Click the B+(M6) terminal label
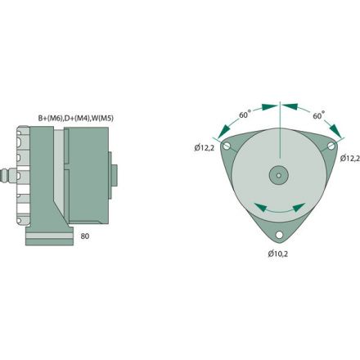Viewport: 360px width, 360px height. (x=52, y=118)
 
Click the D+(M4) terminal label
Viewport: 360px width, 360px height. (x=82, y=118)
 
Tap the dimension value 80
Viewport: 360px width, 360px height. (x=85, y=236)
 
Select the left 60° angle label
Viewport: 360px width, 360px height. (x=244, y=115)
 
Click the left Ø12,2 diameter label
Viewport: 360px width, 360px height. (x=205, y=147)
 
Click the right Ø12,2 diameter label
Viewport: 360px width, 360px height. (x=350, y=157)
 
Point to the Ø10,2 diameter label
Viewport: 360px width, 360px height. (x=279, y=253)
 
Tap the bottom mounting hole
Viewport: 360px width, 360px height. (x=279, y=236)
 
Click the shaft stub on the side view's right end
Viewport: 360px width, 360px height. (x=118, y=175)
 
